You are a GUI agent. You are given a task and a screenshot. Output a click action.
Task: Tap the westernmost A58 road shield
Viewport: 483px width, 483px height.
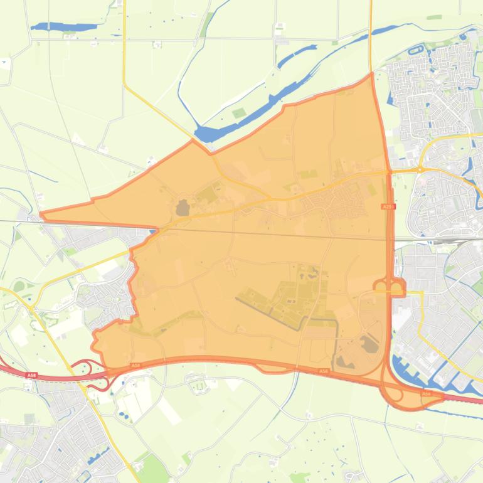[31, 375]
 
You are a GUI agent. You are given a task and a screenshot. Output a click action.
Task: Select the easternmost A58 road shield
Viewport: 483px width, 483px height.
[426, 393]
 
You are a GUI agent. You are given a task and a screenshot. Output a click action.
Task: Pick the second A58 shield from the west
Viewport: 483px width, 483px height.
[135, 365]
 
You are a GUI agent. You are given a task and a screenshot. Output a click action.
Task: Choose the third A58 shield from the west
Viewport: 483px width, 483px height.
[324, 371]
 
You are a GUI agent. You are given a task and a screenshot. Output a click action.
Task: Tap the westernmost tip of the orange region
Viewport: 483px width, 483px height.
[41, 215]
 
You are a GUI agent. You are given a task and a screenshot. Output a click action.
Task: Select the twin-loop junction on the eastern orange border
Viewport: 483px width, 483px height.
[389, 287]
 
